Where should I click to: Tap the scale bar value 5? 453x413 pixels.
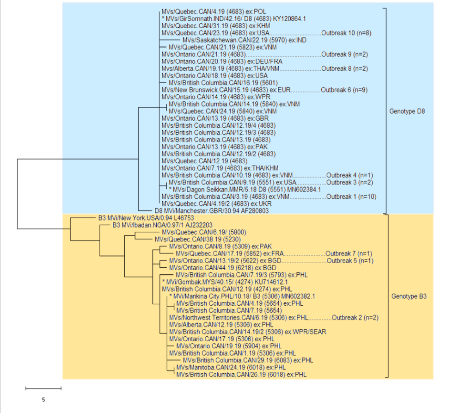coord(43,399)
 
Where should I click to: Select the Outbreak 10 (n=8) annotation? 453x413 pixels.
coord(346,33)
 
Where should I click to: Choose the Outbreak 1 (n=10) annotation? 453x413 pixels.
coord(351,197)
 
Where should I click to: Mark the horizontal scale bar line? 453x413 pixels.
coord(43,388)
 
